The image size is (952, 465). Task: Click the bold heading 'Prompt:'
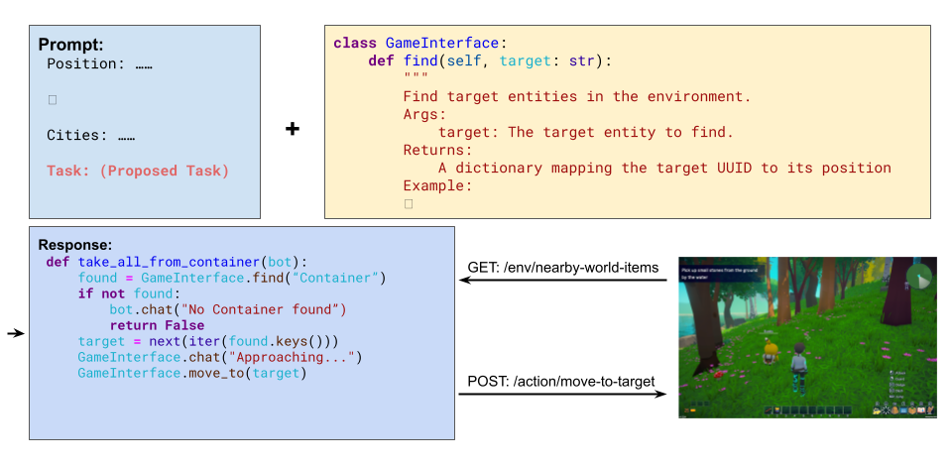tap(70, 45)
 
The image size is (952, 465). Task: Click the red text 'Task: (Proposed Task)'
tap(137, 171)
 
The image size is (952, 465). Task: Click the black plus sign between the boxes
tap(293, 129)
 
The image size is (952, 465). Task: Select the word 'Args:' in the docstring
tap(425, 115)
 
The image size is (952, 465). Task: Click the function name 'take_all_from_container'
tap(178, 262)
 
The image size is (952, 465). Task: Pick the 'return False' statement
tap(157, 325)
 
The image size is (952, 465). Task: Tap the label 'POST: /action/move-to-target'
tap(561, 382)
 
